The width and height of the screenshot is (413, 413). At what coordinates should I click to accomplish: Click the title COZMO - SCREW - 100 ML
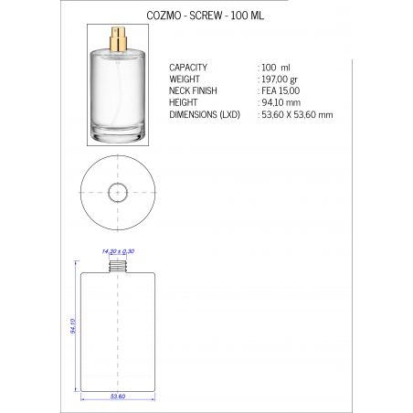[x=206, y=17]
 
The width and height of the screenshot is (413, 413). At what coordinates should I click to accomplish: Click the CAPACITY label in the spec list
[x=189, y=68]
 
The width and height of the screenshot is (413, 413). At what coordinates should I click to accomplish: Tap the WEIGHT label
[x=185, y=79]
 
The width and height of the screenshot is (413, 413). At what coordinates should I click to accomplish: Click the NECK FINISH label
[x=195, y=91]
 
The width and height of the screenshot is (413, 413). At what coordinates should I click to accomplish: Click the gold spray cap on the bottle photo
[x=117, y=37]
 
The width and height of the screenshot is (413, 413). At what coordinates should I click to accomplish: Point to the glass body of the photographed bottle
[x=117, y=91]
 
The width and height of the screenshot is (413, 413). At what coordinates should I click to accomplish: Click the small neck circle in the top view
[x=118, y=193]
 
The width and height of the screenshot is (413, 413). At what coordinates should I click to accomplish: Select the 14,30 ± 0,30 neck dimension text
[x=118, y=250]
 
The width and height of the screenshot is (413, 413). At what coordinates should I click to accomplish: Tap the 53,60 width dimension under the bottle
[x=117, y=397]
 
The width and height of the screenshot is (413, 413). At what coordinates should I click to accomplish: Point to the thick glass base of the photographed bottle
[x=117, y=137]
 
